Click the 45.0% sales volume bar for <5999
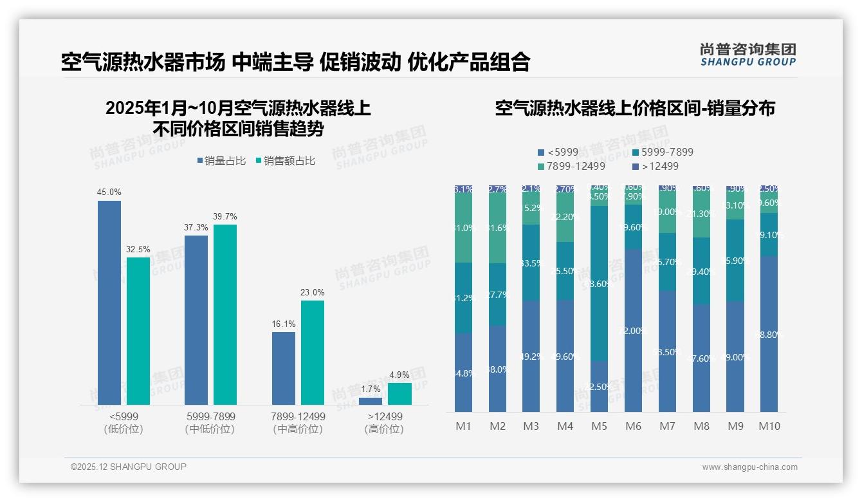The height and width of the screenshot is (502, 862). click(x=109, y=302)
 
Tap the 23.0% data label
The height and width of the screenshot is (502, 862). click(x=312, y=292)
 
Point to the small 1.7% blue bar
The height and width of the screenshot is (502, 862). click(x=371, y=401)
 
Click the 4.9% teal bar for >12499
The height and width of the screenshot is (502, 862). click(x=399, y=394)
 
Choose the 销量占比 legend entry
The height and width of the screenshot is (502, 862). click(x=221, y=161)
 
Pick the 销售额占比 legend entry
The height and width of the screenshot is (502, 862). click(x=286, y=161)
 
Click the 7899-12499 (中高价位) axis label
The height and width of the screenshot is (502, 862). click(x=298, y=423)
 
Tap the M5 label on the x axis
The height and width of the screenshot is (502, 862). click(x=600, y=426)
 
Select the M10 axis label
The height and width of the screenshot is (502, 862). click(x=769, y=426)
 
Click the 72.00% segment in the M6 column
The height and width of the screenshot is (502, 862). click(x=634, y=330)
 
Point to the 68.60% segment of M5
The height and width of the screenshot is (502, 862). click(x=600, y=283)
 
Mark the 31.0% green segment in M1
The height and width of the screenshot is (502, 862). click(x=463, y=228)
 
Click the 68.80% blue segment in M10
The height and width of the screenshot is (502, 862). click(x=769, y=334)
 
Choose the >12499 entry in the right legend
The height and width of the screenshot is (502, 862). click(x=656, y=166)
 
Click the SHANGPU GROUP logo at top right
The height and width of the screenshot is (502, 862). click(x=748, y=55)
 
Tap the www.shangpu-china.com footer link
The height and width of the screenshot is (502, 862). click(x=749, y=467)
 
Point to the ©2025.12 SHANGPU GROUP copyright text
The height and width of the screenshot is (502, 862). click(x=129, y=467)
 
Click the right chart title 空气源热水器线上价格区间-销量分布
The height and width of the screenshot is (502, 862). click(x=635, y=108)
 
